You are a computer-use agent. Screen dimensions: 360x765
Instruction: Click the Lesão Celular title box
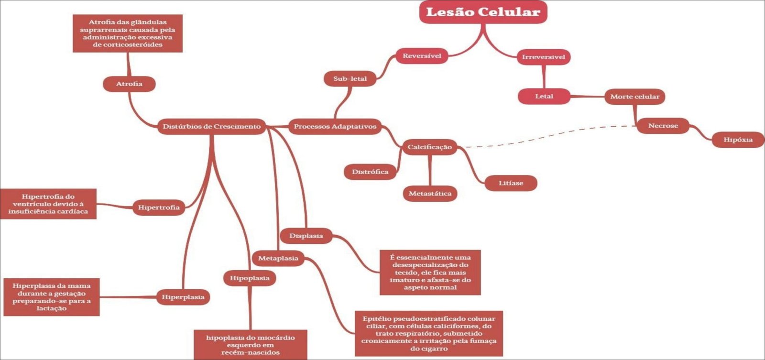483,12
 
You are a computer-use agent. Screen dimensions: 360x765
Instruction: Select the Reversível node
422,56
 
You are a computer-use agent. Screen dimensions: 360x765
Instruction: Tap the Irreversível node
543,57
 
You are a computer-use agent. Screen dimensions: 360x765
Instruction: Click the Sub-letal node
350,79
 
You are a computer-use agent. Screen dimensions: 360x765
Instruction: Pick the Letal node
544,97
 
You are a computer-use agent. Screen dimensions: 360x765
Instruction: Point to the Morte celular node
634,97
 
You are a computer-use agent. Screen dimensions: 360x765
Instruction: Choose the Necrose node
663,126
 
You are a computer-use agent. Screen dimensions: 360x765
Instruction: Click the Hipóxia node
738,140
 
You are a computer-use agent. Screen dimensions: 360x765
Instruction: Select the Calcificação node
429,147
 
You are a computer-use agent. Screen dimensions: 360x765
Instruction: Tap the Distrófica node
370,172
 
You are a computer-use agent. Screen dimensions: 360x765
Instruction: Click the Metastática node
430,194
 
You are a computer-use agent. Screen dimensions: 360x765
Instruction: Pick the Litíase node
511,183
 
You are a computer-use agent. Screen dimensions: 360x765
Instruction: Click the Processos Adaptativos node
335,127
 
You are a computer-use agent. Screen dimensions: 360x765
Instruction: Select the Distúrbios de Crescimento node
211,127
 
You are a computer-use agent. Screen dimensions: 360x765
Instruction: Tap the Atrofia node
129,84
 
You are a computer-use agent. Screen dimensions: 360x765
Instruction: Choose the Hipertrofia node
159,207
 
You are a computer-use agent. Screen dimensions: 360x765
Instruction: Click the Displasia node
306,236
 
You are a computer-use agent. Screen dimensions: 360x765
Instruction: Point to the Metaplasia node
278,259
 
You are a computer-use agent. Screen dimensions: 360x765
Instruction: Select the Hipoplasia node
250,278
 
